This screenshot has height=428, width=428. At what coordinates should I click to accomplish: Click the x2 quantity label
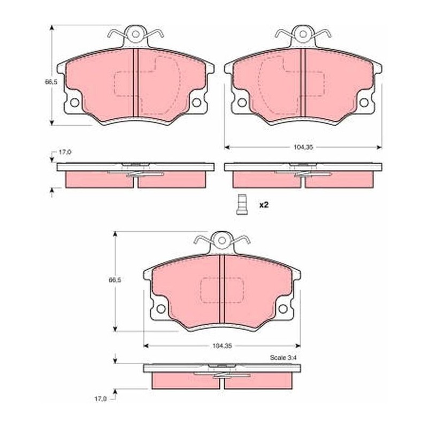[x=264, y=205]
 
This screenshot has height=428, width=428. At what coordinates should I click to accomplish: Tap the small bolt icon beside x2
[x=240, y=204]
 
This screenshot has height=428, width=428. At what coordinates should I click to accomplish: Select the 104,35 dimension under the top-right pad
[x=303, y=148]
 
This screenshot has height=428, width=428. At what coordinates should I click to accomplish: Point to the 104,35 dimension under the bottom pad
[x=222, y=346]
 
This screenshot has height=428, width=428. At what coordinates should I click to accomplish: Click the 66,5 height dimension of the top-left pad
[x=51, y=81]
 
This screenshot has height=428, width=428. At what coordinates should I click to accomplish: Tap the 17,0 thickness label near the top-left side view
[x=65, y=152]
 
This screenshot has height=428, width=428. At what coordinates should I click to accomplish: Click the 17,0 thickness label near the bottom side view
[x=100, y=399]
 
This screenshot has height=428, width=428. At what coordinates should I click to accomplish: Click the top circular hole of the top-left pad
[x=136, y=34]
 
